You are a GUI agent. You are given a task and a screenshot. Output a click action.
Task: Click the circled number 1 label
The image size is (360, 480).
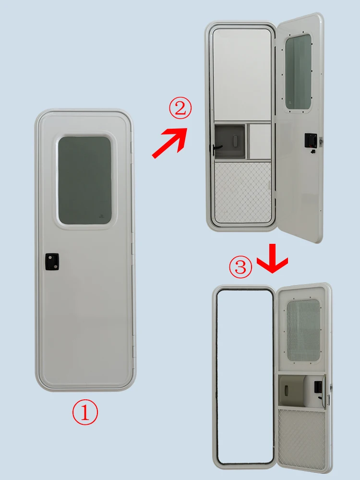click(x=84, y=413)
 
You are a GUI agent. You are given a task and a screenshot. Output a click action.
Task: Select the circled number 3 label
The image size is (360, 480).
click(x=240, y=267)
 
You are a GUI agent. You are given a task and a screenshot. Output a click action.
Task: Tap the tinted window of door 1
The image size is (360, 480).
click(x=84, y=180)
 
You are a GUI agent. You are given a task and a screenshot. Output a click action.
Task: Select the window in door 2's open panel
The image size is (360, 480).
click(x=298, y=72)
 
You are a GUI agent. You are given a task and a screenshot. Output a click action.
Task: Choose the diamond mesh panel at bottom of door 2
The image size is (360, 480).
click(x=243, y=192)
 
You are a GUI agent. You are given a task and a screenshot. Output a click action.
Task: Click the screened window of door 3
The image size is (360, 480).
click(x=303, y=331)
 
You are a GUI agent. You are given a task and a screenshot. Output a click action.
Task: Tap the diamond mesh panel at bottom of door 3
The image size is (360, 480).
click(x=302, y=439)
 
